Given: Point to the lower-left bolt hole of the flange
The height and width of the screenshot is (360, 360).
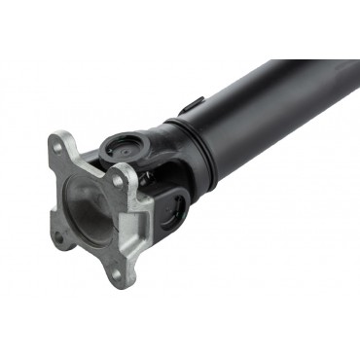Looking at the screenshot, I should pos(59,235).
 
